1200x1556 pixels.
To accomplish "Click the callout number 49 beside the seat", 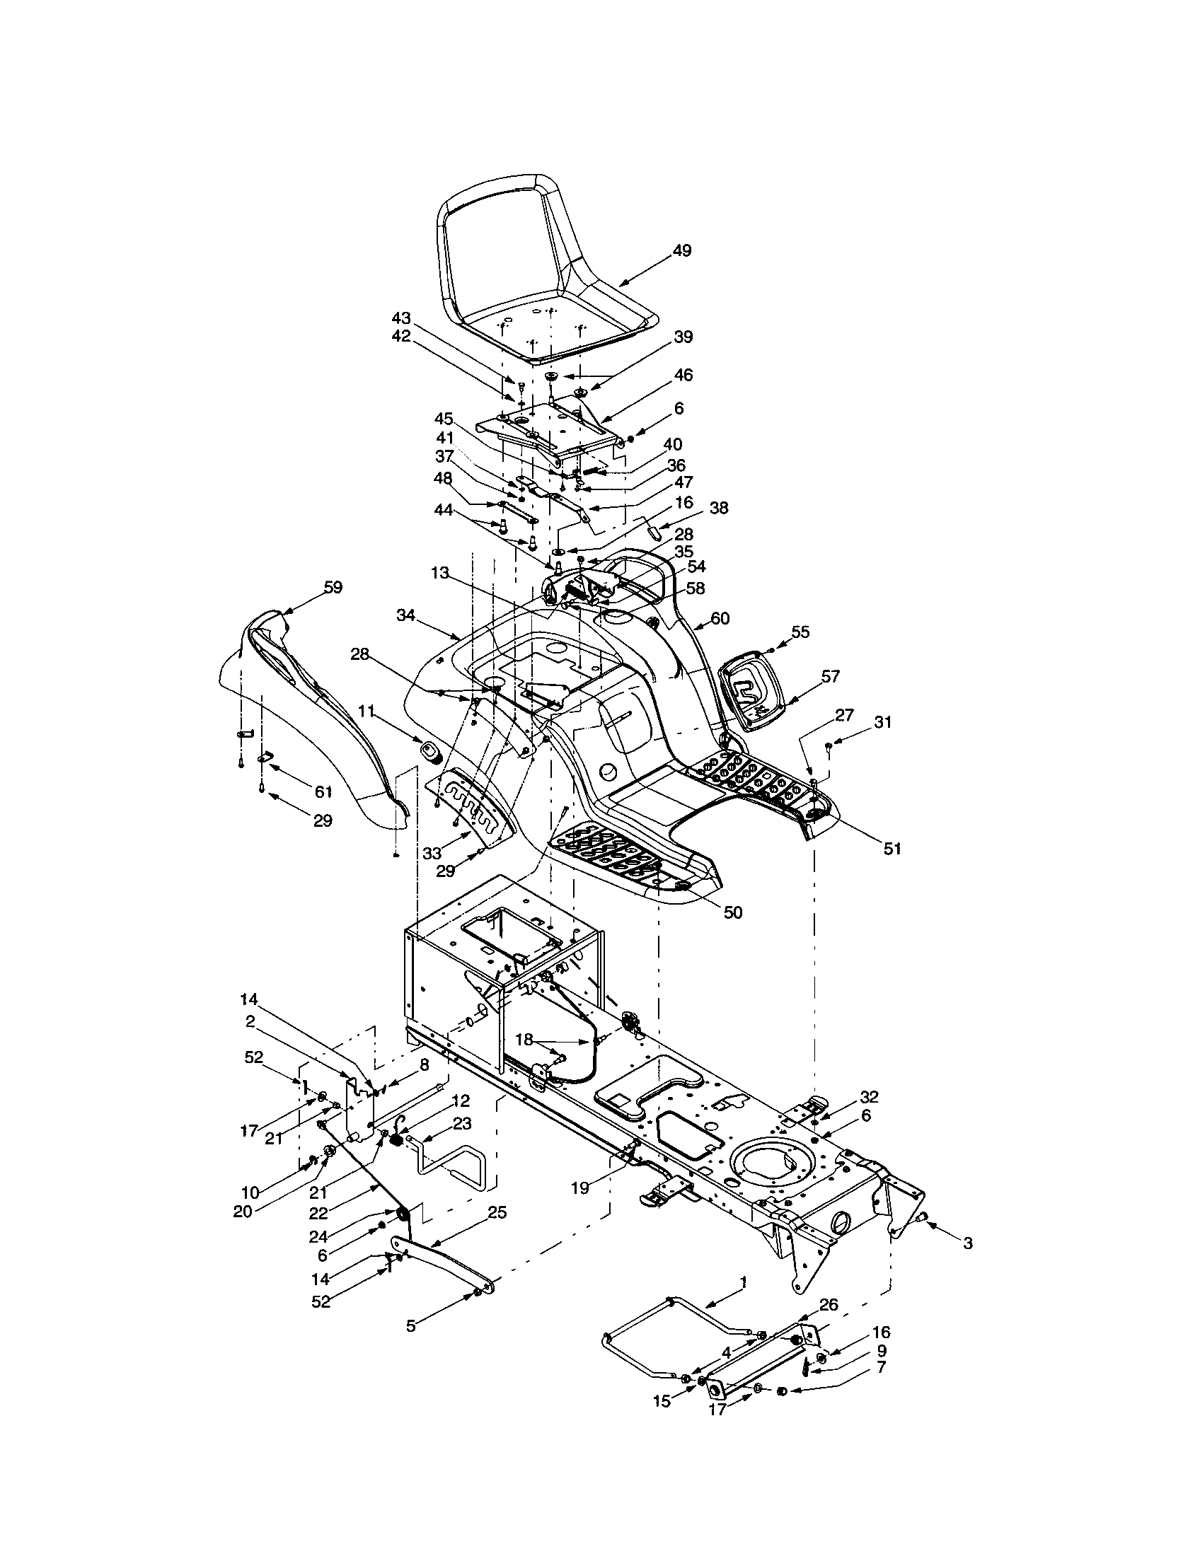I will tap(681, 251).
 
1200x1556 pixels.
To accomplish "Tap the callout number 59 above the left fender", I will tap(333, 587).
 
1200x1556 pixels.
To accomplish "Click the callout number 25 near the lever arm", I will tap(497, 1212).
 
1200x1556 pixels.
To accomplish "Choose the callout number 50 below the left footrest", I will tap(732, 912).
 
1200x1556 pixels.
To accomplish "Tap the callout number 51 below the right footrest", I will tap(892, 849).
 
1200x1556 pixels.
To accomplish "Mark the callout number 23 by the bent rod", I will tap(462, 1124).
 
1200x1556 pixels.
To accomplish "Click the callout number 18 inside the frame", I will tap(524, 1040).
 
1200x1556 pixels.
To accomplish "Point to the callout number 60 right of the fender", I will tap(720, 618).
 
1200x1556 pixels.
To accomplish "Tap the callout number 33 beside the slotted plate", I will tap(432, 853).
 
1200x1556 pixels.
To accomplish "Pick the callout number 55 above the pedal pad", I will tap(800, 631).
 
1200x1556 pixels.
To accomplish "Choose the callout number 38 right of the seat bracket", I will tap(719, 509).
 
